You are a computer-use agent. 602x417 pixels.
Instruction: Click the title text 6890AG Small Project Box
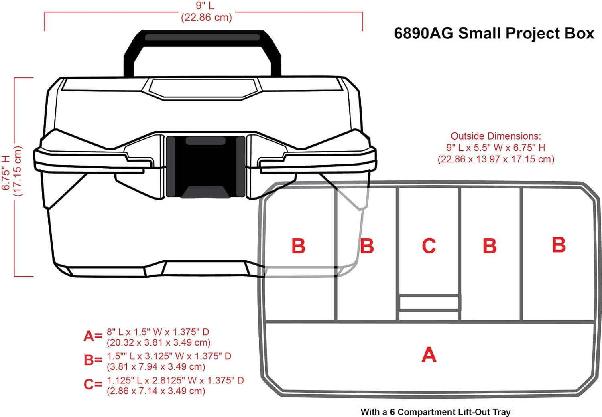(494, 34)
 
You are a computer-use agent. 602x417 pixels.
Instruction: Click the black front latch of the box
(205, 167)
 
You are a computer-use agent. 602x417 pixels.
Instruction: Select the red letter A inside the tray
(429, 354)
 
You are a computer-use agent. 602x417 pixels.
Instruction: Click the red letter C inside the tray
(429, 245)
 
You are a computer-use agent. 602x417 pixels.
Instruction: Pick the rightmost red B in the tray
(559, 245)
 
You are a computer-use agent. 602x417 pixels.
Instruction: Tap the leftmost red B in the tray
(298, 246)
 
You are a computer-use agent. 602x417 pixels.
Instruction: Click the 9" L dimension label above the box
(205, 6)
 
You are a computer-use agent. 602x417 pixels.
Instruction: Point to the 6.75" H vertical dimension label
(6, 172)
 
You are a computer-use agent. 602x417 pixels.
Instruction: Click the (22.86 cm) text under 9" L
(206, 18)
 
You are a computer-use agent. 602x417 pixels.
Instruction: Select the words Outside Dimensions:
(496, 136)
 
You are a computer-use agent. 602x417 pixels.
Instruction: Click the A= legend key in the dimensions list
(93, 336)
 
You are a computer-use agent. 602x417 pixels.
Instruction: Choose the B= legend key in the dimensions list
(93, 360)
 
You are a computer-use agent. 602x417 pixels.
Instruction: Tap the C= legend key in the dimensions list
(93, 384)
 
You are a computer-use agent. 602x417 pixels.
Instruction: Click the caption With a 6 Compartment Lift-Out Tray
(435, 412)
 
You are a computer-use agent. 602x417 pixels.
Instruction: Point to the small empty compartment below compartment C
(429, 303)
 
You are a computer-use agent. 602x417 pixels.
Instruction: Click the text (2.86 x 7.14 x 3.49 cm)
(156, 391)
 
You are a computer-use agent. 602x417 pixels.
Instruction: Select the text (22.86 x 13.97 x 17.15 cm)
(496, 159)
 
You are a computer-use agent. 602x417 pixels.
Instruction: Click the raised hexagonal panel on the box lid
(203, 89)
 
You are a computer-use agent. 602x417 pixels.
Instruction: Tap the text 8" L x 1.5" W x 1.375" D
(158, 332)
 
